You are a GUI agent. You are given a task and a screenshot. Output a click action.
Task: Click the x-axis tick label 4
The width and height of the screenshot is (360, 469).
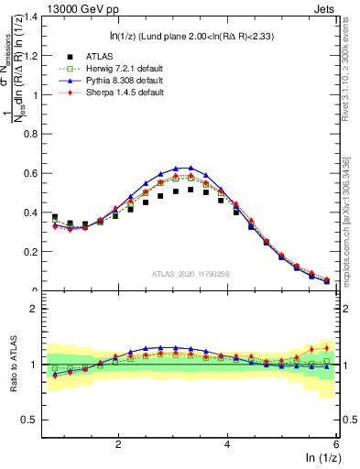click(227, 442)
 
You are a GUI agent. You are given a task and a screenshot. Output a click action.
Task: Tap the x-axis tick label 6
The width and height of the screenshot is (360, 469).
click(336, 442)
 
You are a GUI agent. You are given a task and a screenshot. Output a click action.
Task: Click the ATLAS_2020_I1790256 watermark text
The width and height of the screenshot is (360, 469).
click(191, 273)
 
